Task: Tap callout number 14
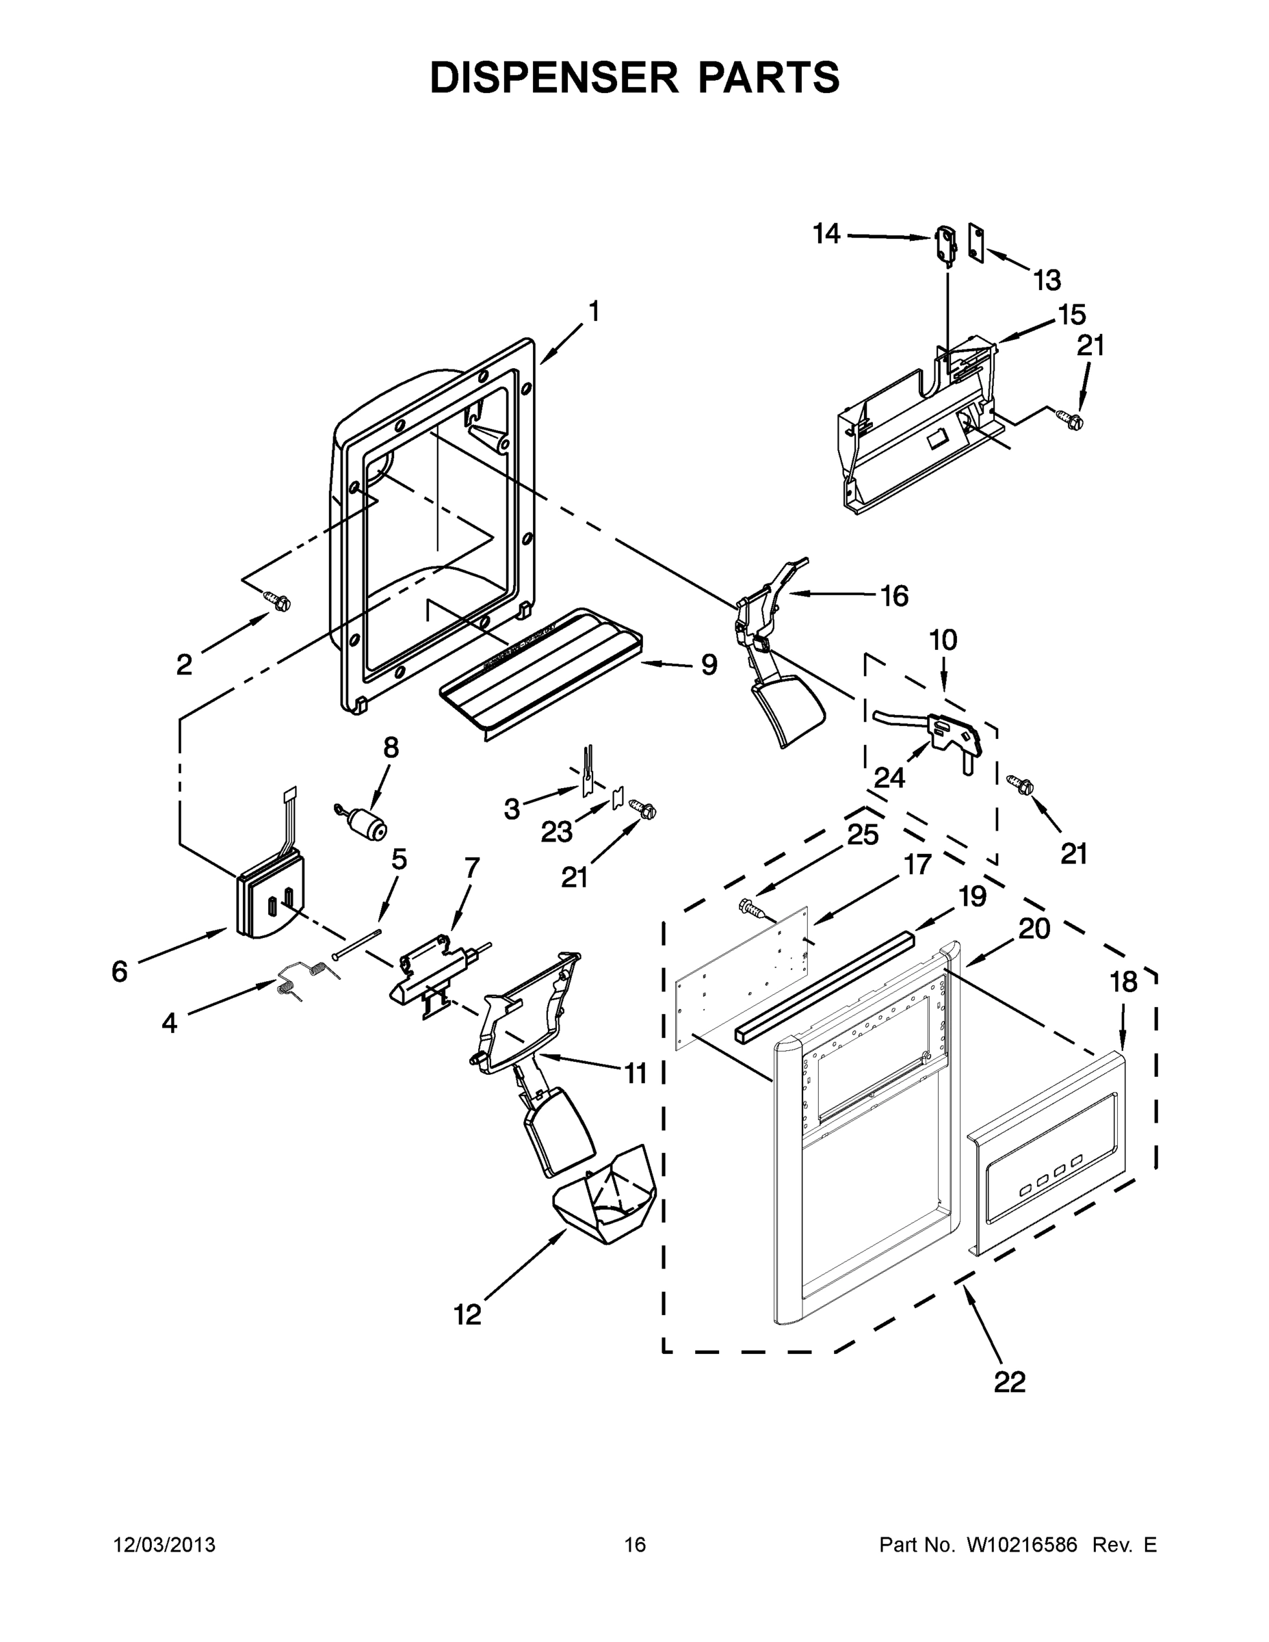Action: [x=826, y=235]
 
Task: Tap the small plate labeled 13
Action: [x=976, y=245]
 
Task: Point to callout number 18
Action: [x=1123, y=982]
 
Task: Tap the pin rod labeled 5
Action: [x=358, y=944]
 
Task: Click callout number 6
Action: [x=120, y=972]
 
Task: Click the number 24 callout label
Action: [x=889, y=777]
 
